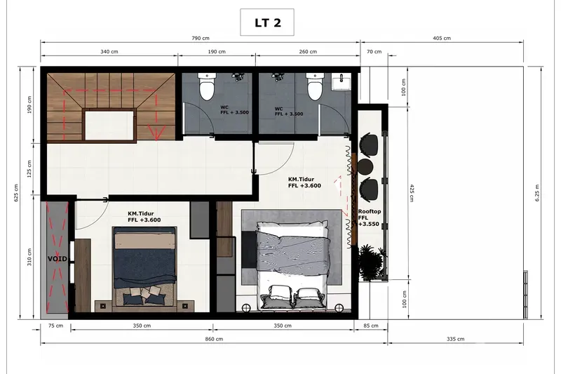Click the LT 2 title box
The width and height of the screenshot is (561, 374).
point(267,22)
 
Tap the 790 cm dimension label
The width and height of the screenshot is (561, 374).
point(201,38)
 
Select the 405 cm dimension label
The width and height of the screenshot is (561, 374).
point(442,38)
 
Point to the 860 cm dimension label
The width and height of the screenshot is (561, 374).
point(215,339)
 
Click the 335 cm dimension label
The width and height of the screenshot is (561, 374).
point(455,339)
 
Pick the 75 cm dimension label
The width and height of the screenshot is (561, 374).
point(56,326)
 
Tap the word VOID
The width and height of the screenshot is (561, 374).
point(58,258)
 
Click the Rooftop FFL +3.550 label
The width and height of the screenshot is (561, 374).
point(370,218)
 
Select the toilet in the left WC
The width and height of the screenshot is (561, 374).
point(207,86)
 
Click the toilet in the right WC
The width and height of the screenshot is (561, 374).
point(315,86)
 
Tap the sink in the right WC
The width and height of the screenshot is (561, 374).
point(342,81)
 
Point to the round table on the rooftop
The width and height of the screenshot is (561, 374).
point(365,167)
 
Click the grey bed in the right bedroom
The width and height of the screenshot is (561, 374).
point(292,265)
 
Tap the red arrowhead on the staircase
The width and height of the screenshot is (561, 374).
point(156,133)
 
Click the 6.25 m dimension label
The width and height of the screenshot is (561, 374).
point(537,192)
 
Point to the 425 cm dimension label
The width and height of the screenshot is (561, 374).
point(412,193)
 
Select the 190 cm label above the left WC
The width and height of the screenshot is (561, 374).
point(217,51)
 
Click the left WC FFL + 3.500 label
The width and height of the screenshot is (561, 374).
point(234,110)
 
